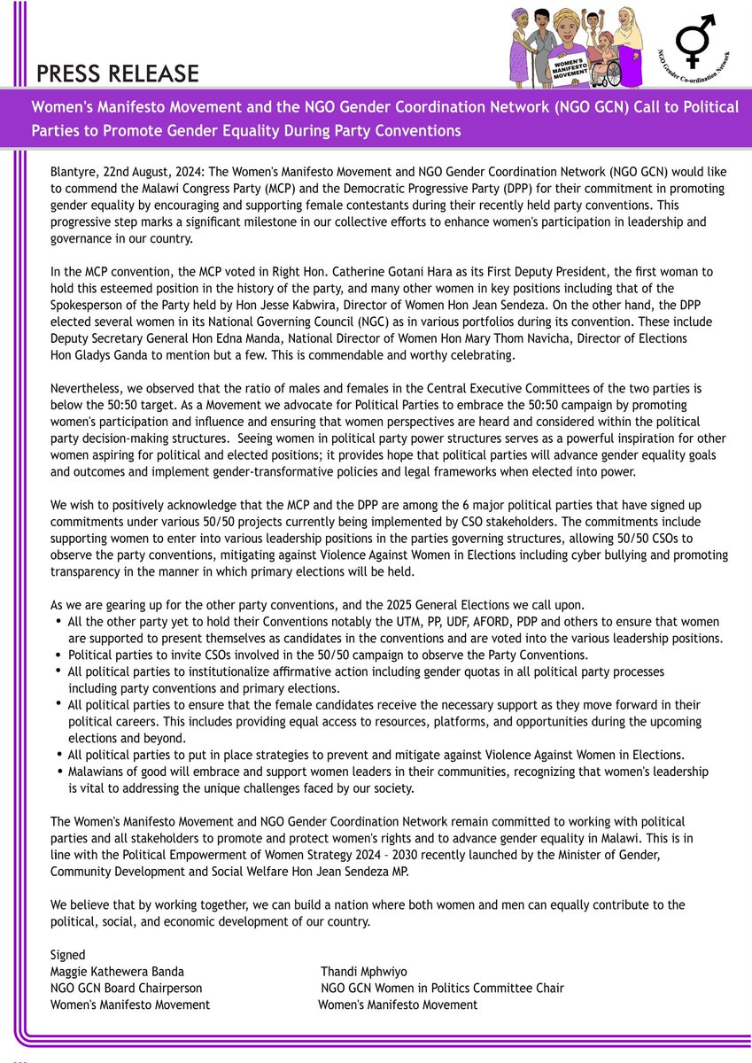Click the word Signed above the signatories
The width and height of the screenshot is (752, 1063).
(x=68, y=956)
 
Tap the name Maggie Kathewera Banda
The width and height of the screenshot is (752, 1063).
(x=117, y=972)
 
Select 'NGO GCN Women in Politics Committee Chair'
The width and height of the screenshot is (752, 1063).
(x=441, y=988)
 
